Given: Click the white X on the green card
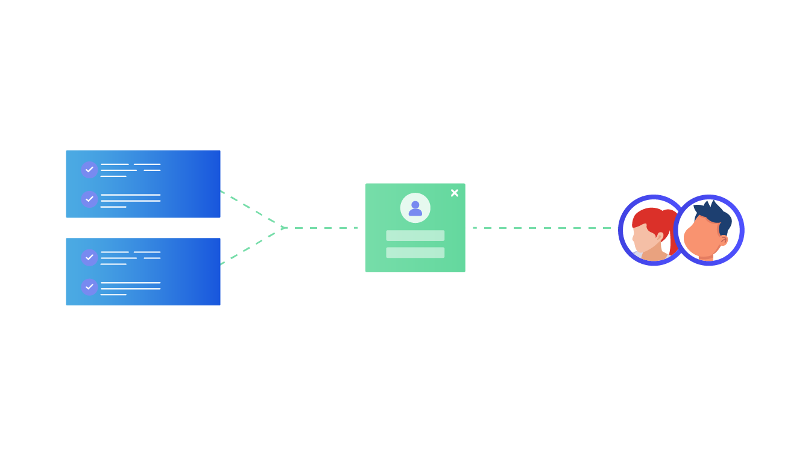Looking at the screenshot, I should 454,193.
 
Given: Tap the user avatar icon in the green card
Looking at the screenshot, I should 415,208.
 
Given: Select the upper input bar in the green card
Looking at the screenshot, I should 415,236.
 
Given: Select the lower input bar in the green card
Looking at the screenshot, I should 415,252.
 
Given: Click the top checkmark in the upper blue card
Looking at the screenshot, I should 89,169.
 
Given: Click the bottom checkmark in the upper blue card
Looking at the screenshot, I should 89,199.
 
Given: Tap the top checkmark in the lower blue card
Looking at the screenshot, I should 89,257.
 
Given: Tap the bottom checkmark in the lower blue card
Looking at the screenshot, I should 89,287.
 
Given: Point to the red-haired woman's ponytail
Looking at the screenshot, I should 672,232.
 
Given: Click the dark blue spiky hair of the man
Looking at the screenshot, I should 715,214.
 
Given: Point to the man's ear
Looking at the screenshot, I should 723,240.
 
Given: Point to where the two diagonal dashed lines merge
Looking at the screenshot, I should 284,228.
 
